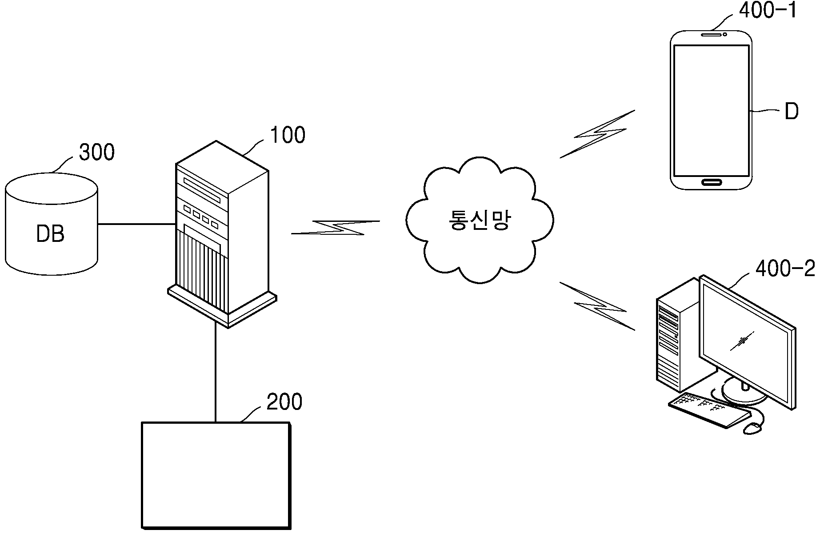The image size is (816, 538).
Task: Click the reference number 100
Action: pyautogui.click(x=288, y=136)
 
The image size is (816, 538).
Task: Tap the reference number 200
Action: pyautogui.click(x=284, y=401)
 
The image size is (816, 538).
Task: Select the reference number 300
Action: pyautogui.click(x=96, y=152)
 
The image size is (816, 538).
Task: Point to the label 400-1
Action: pyautogui.click(x=768, y=10)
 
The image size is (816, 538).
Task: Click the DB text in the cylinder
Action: pyautogui.click(x=50, y=234)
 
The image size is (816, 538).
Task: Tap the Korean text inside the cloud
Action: pyautogui.click(x=479, y=220)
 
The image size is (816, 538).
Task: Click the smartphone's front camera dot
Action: pyautogui.click(x=725, y=34)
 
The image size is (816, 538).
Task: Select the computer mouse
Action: pyautogui.click(x=752, y=428)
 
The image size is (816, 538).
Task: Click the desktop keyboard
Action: pyautogui.click(x=709, y=410)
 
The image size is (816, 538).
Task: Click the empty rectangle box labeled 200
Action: pyautogui.click(x=216, y=475)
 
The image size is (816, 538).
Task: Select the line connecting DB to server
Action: pyautogui.click(x=136, y=224)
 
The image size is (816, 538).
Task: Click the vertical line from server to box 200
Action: pyautogui.click(x=216, y=371)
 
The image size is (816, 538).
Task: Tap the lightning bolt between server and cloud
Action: pyautogui.click(x=336, y=227)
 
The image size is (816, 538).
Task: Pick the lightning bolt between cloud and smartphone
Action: pyautogui.click(x=597, y=134)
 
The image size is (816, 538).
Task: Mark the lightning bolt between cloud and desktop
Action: pyautogui.click(x=597, y=306)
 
